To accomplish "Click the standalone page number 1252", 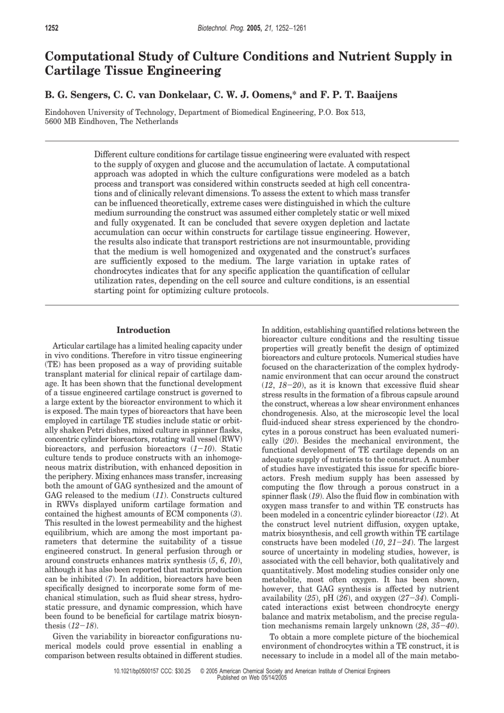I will pos(52,28).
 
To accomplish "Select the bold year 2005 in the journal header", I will pos(254,28).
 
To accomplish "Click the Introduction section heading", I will pos(143,330).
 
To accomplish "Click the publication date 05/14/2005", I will pos(273,678).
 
